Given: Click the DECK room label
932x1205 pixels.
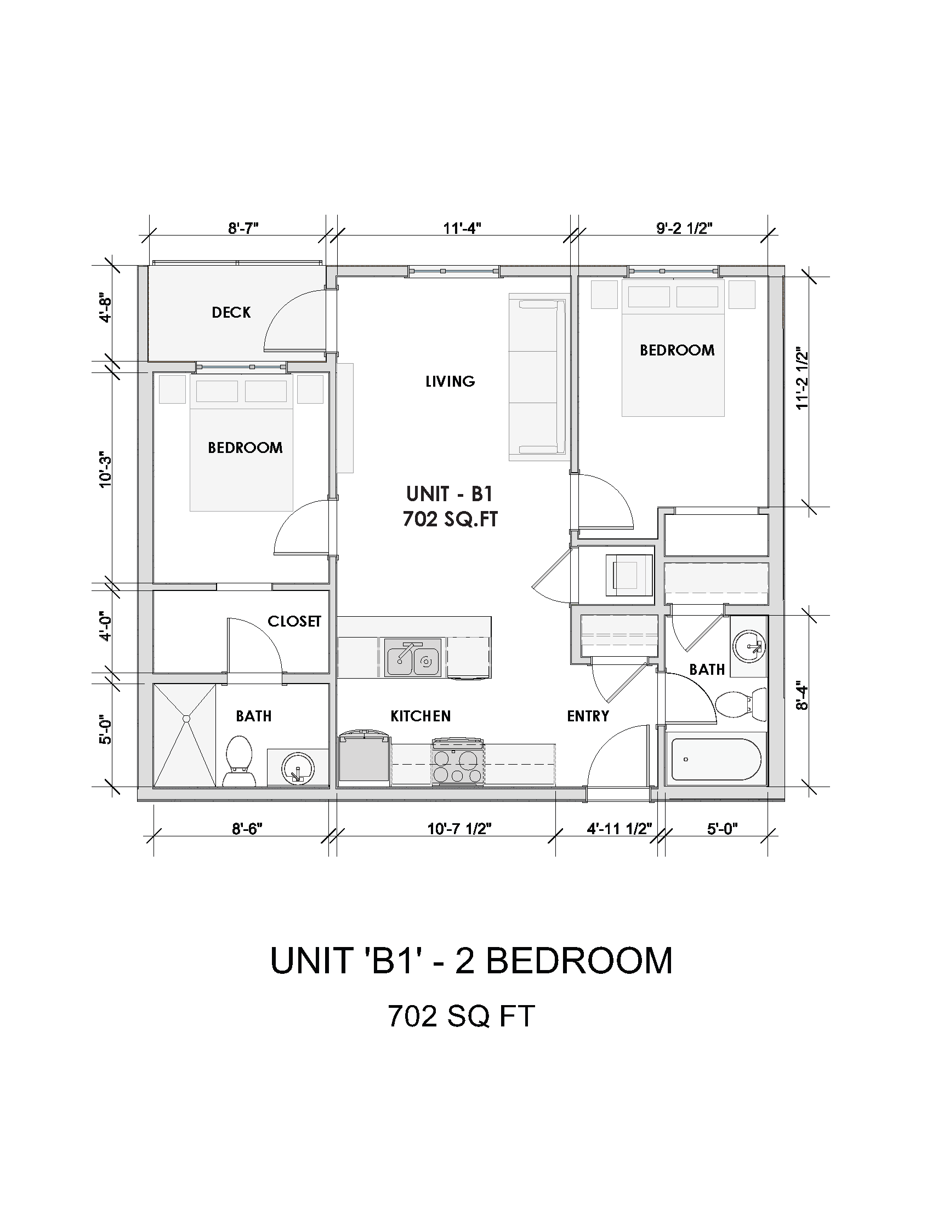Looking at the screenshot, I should (231, 312).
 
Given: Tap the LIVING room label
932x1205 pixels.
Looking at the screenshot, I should (450, 381).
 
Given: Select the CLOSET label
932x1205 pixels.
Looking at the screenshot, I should (294, 621).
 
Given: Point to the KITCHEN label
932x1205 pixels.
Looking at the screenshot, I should (420, 716).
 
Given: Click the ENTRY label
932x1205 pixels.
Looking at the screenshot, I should (588, 716).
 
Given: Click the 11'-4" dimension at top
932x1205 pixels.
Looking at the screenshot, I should (462, 228).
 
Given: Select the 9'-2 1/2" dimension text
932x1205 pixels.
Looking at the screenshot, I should (684, 228).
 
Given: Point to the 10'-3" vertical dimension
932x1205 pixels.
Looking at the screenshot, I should (105, 470).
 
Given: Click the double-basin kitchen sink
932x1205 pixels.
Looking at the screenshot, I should (413, 657).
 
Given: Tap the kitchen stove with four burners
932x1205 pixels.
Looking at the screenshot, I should (458, 761).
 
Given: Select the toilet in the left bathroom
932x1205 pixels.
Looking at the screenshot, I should (239, 761).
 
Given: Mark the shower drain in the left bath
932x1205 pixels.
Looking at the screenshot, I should (186, 719).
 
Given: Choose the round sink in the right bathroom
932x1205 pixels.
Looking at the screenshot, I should (749, 645).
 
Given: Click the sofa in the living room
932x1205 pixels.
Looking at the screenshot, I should (537, 377).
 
